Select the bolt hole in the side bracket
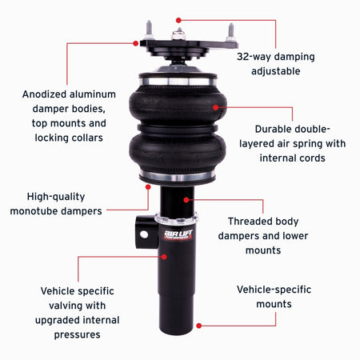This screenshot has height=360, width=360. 145,234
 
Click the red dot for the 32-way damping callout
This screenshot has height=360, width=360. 178,19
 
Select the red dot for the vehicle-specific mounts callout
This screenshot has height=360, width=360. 198,326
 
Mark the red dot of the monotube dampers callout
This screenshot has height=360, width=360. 148,186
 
